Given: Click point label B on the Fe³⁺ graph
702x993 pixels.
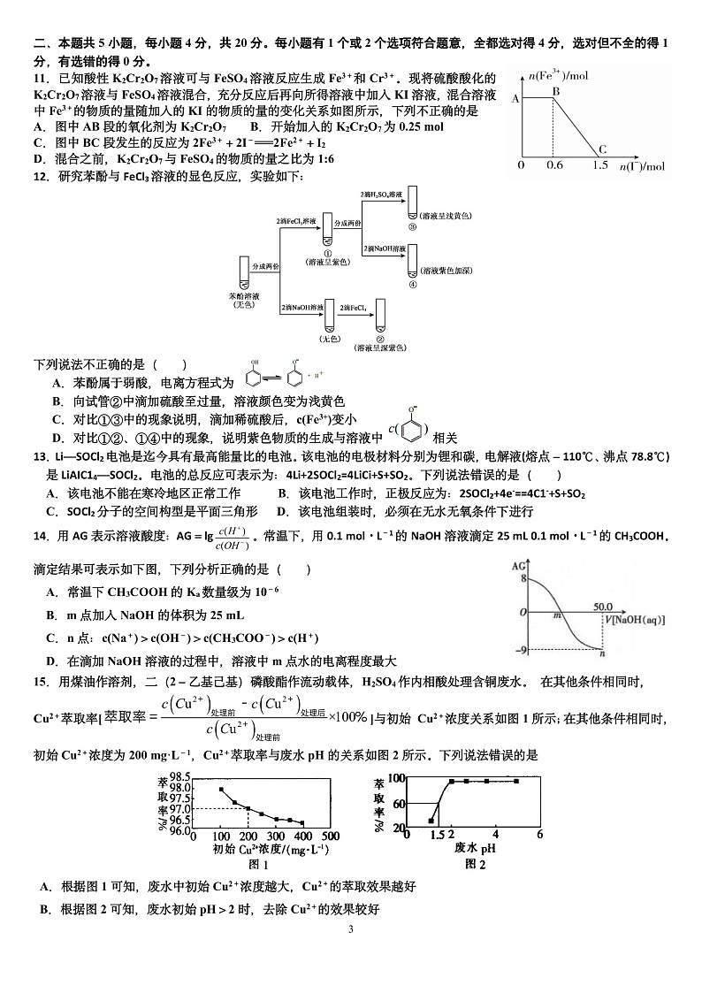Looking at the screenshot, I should (x=556, y=90).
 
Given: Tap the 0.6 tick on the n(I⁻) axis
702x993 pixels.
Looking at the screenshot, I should (x=554, y=165).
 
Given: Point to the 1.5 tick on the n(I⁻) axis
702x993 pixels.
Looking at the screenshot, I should (x=600, y=165).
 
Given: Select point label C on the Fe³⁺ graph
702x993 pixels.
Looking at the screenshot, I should (x=603, y=149).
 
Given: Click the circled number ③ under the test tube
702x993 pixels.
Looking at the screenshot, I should (x=412, y=225).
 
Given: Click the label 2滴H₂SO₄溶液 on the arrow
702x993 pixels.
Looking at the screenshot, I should (x=381, y=193).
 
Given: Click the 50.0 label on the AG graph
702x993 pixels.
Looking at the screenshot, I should (x=604, y=606).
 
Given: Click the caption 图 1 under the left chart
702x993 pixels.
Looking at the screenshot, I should (x=259, y=864).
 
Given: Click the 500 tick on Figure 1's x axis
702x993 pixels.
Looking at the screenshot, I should (x=330, y=836).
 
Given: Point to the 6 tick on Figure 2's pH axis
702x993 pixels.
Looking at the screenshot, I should (x=539, y=834).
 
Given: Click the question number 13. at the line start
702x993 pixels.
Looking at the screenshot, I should (x=40, y=456).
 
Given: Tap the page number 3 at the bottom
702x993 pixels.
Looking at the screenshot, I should (x=351, y=929).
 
